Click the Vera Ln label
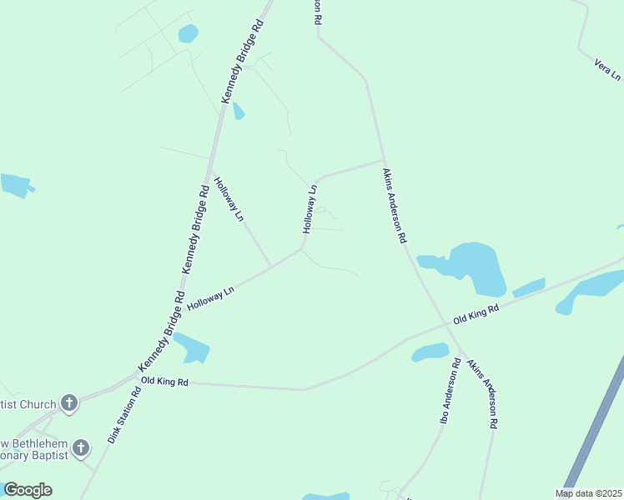click(607, 69)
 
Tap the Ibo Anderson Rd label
click(450, 391)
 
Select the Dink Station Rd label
click(124, 414)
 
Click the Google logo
click(28, 490)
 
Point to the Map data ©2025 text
click(588, 493)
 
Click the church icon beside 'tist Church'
click(69, 404)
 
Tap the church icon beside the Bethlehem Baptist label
click(80, 448)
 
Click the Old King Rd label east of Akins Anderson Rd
click(476, 314)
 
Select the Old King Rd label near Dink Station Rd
click(165, 382)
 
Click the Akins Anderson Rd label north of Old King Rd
click(394, 205)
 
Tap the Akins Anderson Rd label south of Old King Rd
click(482, 393)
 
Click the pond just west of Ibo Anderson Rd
click(430, 352)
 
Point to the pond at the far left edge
click(15, 185)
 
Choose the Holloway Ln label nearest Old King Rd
click(211, 297)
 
